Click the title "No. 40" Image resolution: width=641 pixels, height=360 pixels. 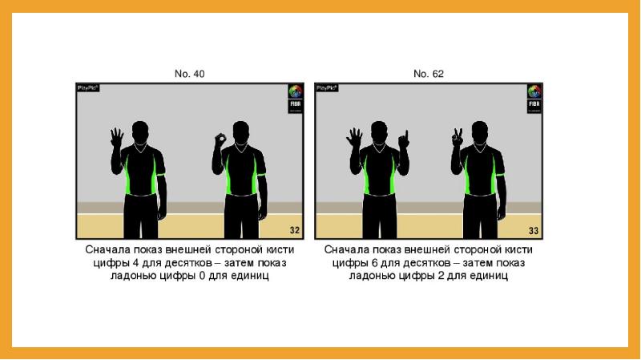tap(189, 74)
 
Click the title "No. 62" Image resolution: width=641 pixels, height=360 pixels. tap(429, 74)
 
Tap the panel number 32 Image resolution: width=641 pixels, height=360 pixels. tap(295, 230)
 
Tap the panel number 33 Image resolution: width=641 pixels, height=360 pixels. tap(534, 231)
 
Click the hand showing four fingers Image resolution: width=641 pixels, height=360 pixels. tap(117, 138)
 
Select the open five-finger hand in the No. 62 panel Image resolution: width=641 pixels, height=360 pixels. tap(354, 138)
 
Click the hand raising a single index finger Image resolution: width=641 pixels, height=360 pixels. tap(404, 140)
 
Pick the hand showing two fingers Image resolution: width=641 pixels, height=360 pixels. tap(457, 137)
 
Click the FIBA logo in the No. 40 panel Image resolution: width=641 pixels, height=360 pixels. tap(295, 99)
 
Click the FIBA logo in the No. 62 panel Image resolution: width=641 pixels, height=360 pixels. tap(534, 99)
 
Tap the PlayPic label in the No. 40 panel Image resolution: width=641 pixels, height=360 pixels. tap(88, 88)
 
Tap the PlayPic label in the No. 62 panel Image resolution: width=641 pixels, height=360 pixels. tap(327, 88)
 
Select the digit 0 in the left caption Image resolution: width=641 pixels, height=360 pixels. tap(202, 276)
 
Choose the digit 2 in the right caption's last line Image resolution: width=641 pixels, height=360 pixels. tap(441, 276)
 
